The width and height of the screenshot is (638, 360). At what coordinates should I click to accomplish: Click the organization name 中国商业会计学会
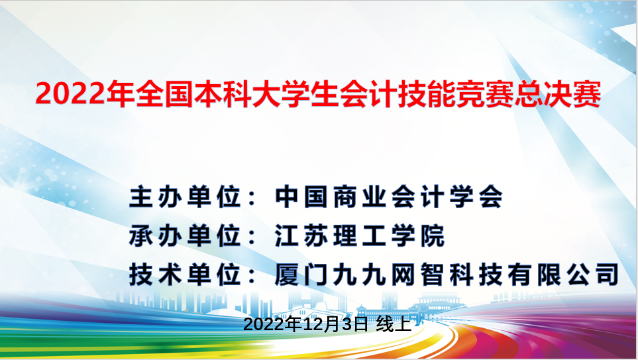(x=390, y=197)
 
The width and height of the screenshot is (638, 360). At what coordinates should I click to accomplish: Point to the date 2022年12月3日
(x=305, y=325)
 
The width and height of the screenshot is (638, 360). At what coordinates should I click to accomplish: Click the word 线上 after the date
(x=394, y=325)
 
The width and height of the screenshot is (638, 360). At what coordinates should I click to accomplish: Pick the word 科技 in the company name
(x=480, y=274)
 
